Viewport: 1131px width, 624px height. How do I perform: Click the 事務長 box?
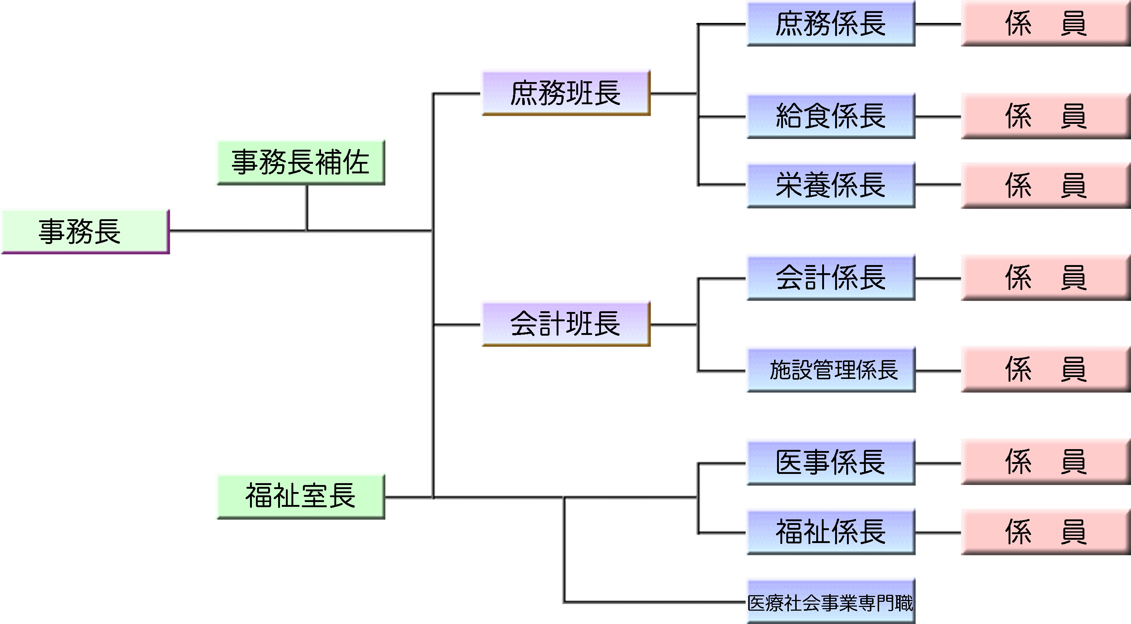click(x=85, y=231)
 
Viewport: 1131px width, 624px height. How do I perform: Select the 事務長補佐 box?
click(x=301, y=162)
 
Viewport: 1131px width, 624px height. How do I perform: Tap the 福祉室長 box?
click(x=301, y=496)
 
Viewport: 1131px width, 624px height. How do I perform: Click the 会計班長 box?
click(x=565, y=323)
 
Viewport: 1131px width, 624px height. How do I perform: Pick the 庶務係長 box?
click(x=831, y=24)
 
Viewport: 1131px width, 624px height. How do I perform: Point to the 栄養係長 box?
click(x=831, y=185)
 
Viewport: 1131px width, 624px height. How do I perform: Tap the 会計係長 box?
click(x=831, y=277)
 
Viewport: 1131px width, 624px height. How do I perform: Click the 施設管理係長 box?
click(x=831, y=370)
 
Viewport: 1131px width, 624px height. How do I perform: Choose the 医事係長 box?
click(x=831, y=462)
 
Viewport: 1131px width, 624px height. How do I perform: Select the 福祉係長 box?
click(x=831, y=532)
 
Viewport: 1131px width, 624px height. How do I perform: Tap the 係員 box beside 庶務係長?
click(x=1045, y=24)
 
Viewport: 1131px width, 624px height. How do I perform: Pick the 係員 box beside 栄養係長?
click(x=1045, y=185)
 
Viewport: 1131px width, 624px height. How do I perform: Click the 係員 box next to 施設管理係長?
click(x=1045, y=370)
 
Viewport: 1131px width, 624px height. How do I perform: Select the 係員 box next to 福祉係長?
click(x=1045, y=532)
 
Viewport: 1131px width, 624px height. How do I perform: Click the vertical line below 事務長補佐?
click(x=307, y=207)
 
